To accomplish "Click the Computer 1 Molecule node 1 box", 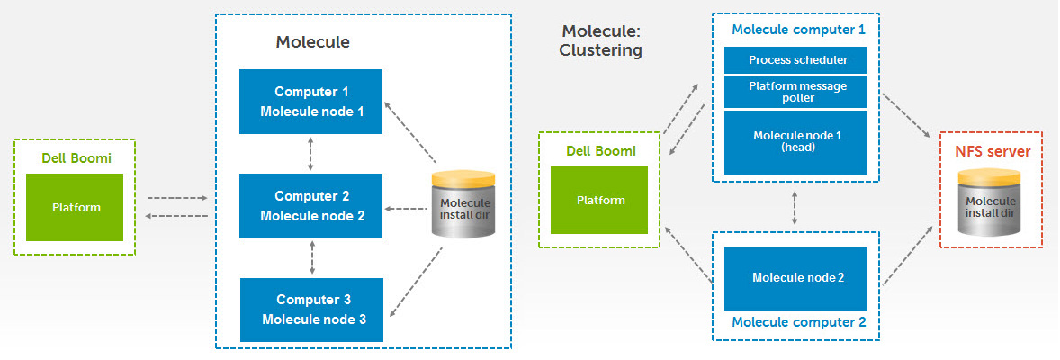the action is coord(311,101).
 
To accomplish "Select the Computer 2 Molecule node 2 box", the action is coord(311,206).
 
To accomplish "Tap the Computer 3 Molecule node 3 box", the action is coord(311,310).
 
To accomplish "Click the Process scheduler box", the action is coord(795,60).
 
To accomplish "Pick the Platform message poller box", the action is coord(795,92).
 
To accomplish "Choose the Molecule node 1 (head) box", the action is coord(795,142).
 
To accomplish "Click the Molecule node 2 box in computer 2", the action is coord(795,277).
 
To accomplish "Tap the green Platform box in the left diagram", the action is coord(75,207).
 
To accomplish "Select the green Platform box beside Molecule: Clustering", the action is coord(599,201).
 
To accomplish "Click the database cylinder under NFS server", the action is coord(990,203).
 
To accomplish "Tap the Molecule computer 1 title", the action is coord(798,30).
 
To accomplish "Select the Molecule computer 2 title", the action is coord(798,322).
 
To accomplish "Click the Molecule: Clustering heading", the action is coord(600,40).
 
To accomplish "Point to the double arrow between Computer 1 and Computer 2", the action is coord(310,154).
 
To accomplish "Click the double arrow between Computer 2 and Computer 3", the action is coord(311,257).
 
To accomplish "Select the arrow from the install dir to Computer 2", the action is coord(406,209).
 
